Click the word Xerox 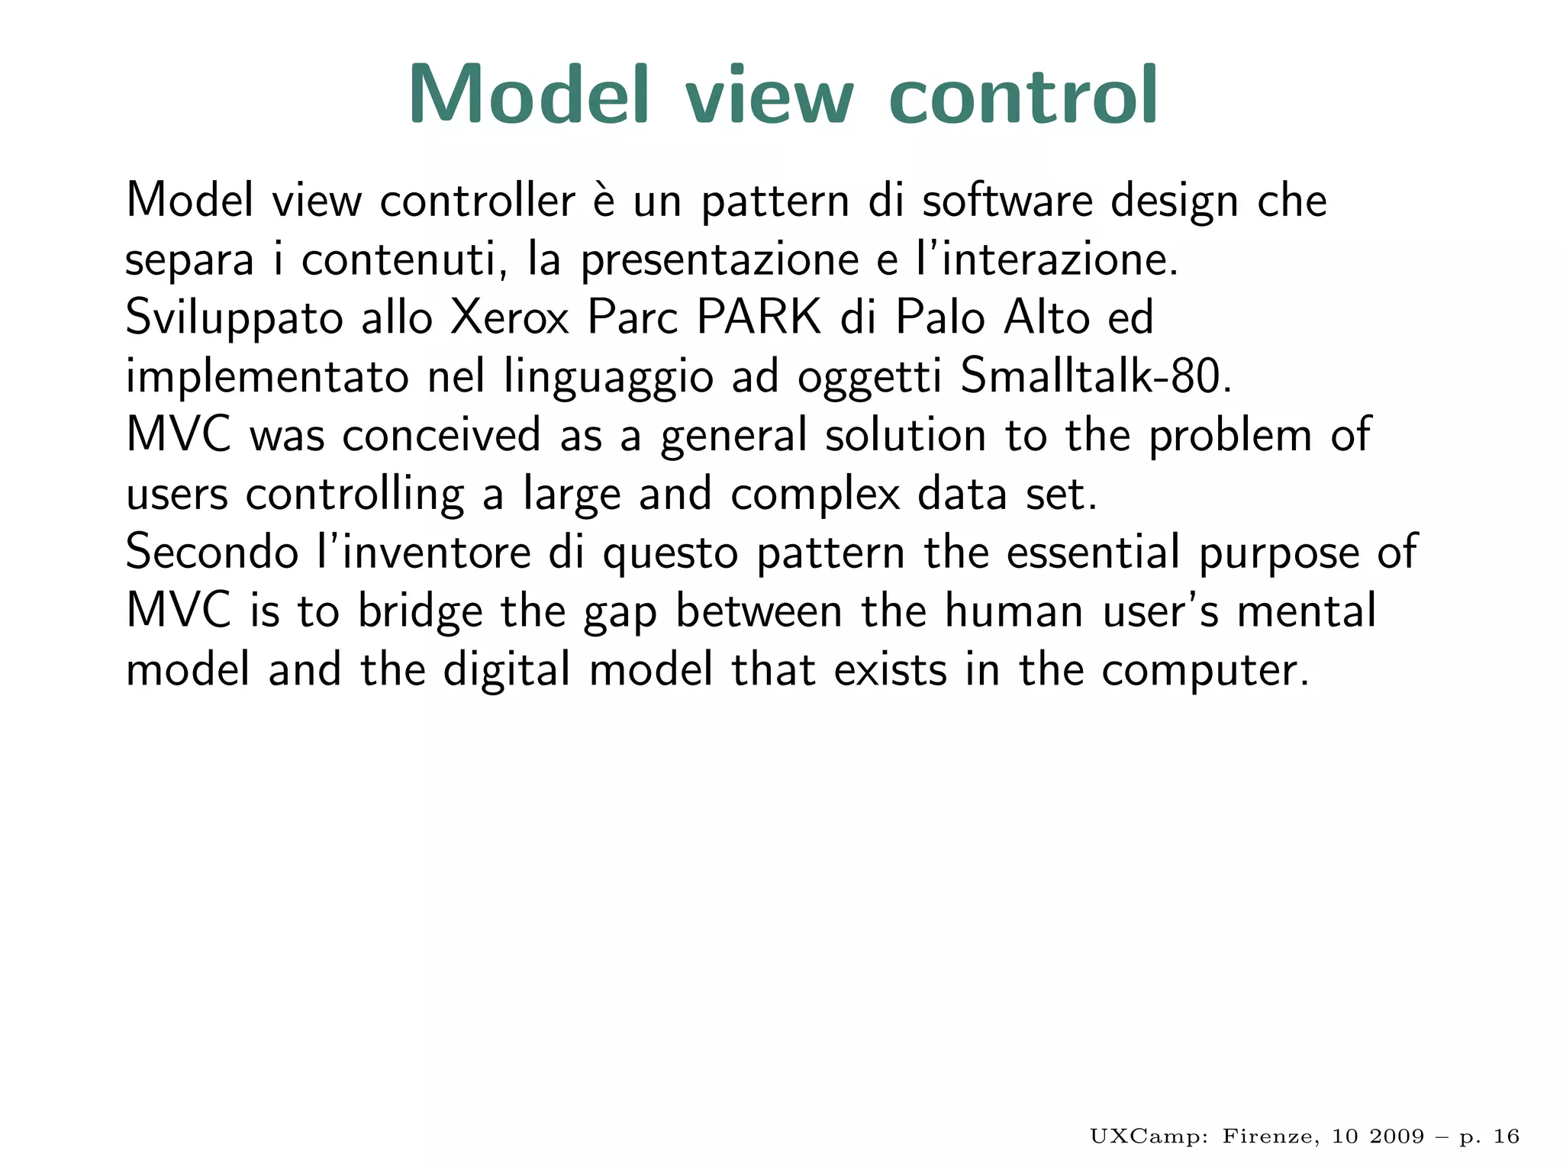[x=510, y=317]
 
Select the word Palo [x=939, y=317]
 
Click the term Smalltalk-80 [x=1095, y=376]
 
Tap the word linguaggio [x=608, y=378]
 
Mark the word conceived [x=441, y=435]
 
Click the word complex [x=815, y=495]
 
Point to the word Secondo [x=212, y=552]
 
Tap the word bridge [x=421, y=611]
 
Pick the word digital [x=507, y=670]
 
